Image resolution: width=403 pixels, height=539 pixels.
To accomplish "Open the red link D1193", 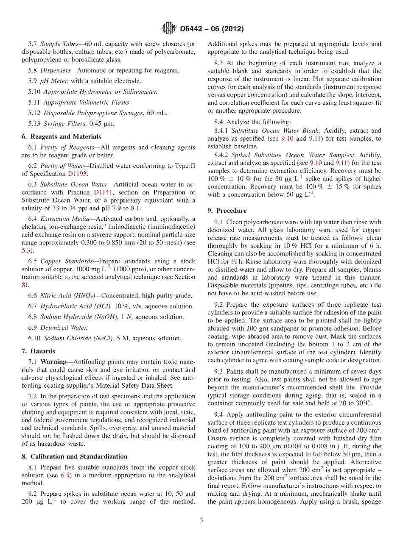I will click(76, 174).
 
